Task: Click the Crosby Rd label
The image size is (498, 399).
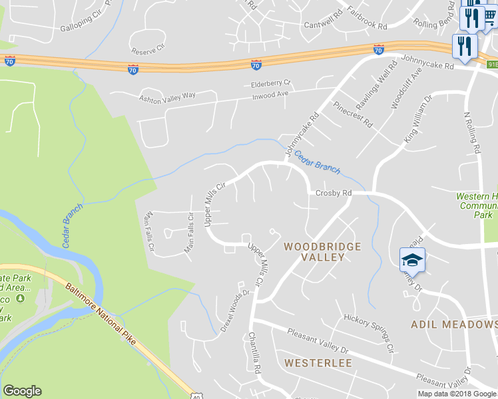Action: pyautogui.click(x=333, y=193)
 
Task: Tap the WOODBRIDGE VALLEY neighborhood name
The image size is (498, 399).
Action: pyautogui.click(x=322, y=252)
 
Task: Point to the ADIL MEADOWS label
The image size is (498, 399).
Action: pyautogui.click(x=454, y=324)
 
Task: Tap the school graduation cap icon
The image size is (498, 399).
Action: pyautogui.click(x=412, y=259)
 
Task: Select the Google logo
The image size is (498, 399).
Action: pyautogui.click(x=22, y=391)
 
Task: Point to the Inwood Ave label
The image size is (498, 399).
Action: pyautogui.click(x=270, y=94)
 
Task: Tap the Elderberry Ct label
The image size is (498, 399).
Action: pyautogui.click(x=271, y=84)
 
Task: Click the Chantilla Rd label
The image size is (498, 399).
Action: pyautogui.click(x=254, y=352)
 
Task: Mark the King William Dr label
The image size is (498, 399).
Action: pyautogui.click(x=419, y=118)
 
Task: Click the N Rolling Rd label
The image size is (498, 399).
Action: pyautogui.click(x=471, y=133)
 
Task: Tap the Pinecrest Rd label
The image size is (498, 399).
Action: pyautogui.click(x=352, y=115)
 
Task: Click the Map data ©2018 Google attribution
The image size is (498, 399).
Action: pyautogui.click(x=456, y=394)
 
